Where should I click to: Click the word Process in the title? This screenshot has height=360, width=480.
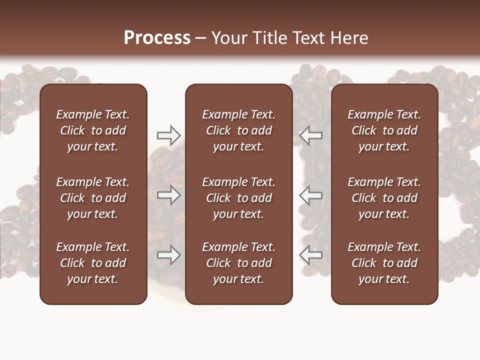157,38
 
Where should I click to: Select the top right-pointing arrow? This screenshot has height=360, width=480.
168,134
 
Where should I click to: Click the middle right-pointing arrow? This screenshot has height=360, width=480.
168,195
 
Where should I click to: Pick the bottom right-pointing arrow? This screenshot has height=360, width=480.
168,255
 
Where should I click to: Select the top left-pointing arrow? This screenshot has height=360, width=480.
311,134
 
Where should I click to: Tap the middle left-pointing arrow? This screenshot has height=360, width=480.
311,195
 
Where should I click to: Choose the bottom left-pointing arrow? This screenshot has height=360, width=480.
311,255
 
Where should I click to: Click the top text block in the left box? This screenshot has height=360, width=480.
93,130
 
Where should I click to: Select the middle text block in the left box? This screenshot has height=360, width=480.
93,198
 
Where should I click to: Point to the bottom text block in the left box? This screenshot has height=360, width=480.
93,263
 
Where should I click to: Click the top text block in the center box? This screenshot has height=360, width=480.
239,130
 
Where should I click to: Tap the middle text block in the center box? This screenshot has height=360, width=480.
239,198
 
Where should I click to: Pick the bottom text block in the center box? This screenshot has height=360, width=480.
239,263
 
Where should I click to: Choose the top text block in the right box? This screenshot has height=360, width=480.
384,130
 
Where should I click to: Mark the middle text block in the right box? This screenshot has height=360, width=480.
384,198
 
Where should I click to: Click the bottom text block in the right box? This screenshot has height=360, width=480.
384,263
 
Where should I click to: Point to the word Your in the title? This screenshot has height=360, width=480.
228,38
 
